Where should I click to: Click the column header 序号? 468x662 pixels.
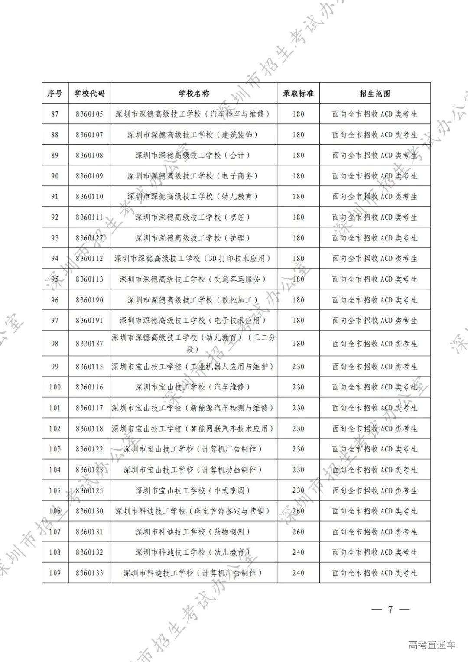55,93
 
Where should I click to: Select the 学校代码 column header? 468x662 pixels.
89,93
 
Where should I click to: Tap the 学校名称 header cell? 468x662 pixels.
194,93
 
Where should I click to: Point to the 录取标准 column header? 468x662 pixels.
298,93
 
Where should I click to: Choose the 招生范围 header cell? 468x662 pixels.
375,93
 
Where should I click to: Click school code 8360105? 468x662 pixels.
89,114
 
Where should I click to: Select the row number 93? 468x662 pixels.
55,238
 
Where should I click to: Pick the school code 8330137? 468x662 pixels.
89,344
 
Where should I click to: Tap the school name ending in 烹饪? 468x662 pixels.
194,217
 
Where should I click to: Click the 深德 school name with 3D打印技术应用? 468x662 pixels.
194,259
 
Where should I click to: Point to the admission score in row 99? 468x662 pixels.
298,367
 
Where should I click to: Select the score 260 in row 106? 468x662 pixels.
298,511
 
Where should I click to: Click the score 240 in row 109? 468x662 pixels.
298,573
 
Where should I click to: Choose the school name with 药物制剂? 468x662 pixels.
194,532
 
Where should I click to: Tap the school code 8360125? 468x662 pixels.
89,490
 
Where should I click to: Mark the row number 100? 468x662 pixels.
55,387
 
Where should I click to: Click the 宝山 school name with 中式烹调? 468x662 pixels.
194,490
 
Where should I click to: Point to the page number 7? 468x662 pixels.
390,610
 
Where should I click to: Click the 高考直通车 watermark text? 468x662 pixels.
432,645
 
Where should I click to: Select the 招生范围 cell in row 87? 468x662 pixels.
375,114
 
